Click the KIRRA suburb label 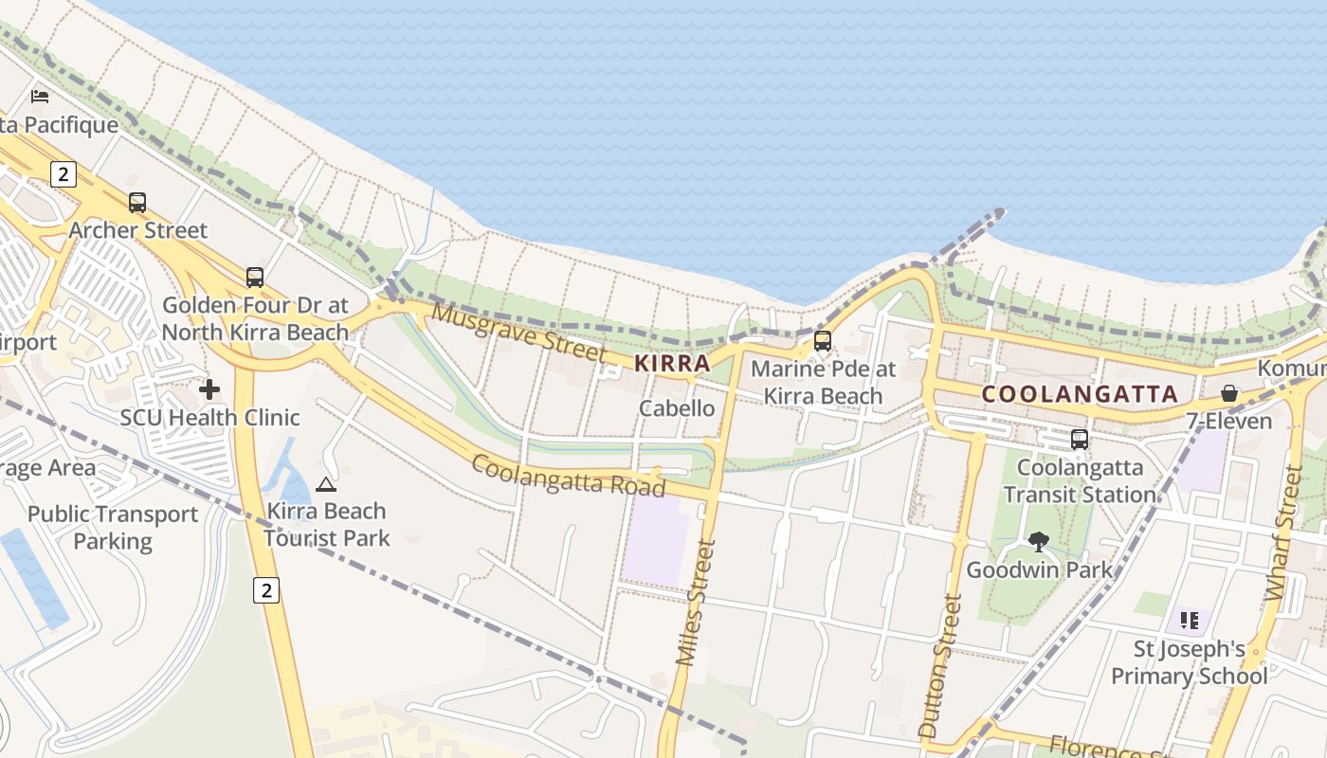click(672, 363)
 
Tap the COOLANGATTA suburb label click(1080, 394)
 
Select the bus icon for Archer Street click(137, 203)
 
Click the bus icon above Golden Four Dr click(254, 278)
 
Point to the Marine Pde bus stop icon click(823, 341)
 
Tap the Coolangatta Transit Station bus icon click(1079, 440)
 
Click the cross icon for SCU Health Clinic click(209, 389)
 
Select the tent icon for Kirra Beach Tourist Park click(326, 484)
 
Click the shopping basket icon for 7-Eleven click(1229, 393)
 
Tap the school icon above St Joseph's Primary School click(1190, 622)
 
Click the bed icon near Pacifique click(40, 97)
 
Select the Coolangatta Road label click(568, 475)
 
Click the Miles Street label click(692, 603)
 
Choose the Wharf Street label click(1283, 532)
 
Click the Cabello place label click(677, 408)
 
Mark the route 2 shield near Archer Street click(64, 174)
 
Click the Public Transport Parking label click(113, 528)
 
